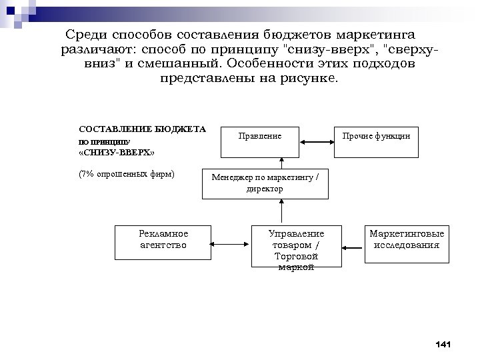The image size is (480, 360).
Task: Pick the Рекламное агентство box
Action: pos(163,241)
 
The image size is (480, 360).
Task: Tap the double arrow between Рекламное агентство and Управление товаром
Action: pos(231,241)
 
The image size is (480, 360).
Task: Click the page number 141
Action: pos(442,344)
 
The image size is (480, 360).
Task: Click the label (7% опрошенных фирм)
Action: pos(126,175)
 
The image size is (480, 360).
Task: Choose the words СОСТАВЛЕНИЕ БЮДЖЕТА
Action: pos(142,129)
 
